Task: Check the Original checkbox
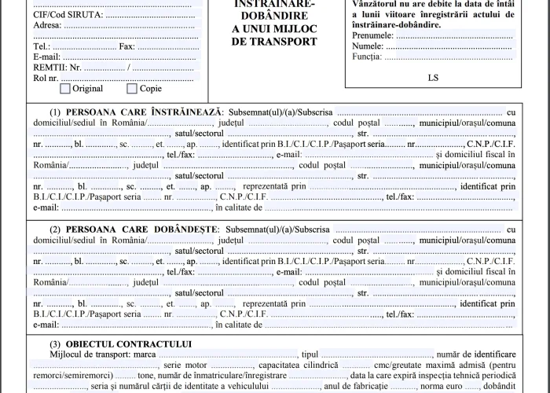66,89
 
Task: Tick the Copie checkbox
131,89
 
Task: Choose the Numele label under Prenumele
369,46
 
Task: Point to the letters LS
434,77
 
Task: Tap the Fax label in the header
126,46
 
